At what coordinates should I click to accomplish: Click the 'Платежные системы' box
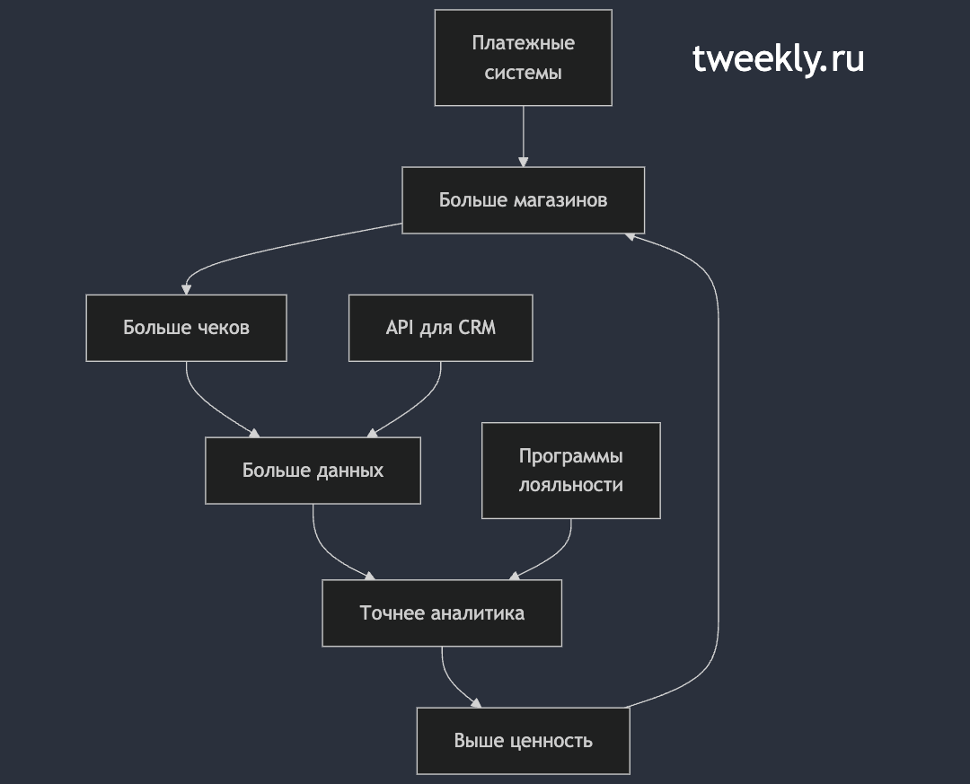pyautogui.click(x=524, y=57)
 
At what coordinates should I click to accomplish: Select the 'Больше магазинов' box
pyautogui.click(x=524, y=200)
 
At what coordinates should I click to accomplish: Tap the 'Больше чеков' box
pyautogui.click(x=186, y=328)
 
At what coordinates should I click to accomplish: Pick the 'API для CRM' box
pyautogui.click(x=440, y=328)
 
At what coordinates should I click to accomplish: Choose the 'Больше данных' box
pyautogui.click(x=313, y=471)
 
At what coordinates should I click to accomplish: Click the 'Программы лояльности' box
pyautogui.click(x=571, y=471)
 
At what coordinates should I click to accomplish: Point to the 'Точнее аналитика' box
pyautogui.click(x=442, y=613)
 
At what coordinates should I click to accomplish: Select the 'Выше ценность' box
pyautogui.click(x=524, y=741)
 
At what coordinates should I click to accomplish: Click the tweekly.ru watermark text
pyautogui.click(x=778, y=59)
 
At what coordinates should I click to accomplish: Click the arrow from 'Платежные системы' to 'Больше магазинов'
pyautogui.click(x=524, y=137)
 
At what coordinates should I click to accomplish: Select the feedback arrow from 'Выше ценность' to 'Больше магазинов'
pyautogui.click(x=719, y=471)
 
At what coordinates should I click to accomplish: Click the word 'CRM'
pyautogui.click(x=476, y=327)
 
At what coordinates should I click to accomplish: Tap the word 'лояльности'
pyautogui.click(x=571, y=485)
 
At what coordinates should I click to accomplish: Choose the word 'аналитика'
pyautogui.click(x=477, y=613)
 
